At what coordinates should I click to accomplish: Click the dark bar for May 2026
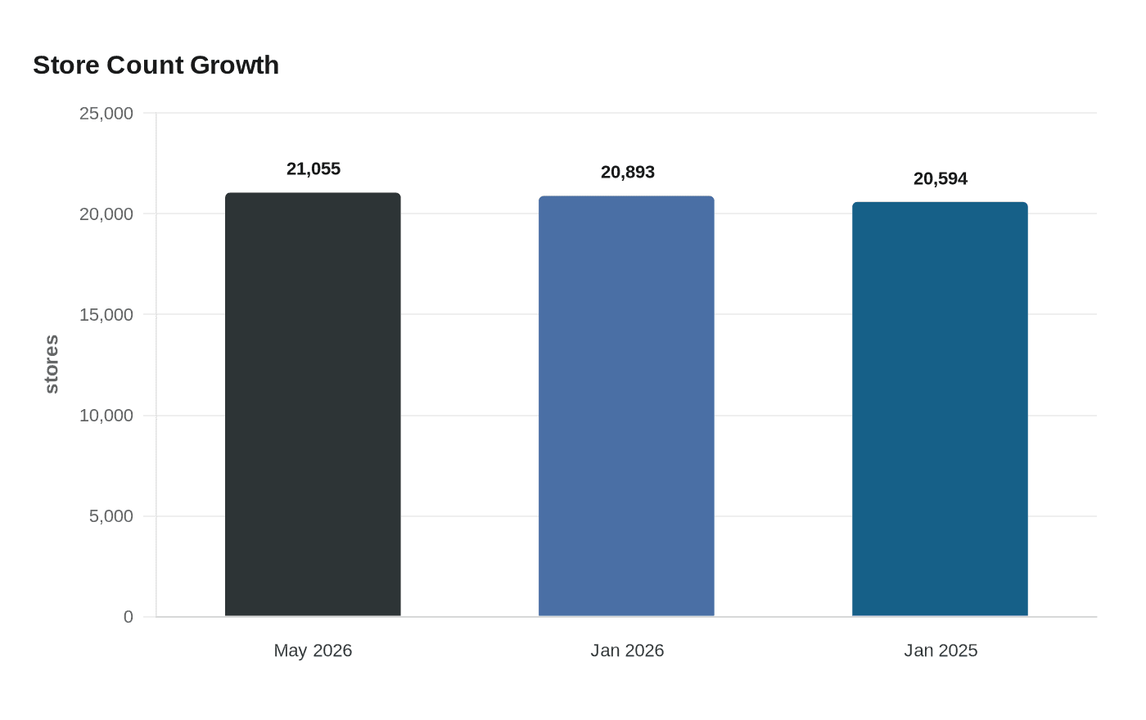pyautogui.click(x=313, y=404)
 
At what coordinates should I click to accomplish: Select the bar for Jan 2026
pyautogui.click(x=626, y=406)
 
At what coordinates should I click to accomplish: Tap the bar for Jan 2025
pyautogui.click(x=940, y=409)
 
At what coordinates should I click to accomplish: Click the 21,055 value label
pyautogui.click(x=313, y=169)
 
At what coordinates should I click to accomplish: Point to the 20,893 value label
pyautogui.click(x=627, y=173)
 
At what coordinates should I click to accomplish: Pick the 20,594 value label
pyautogui.click(x=941, y=178)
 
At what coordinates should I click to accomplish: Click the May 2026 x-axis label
pyautogui.click(x=313, y=650)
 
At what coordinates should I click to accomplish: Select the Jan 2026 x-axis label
pyautogui.click(x=627, y=650)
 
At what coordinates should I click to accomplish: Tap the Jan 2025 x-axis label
pyautogui.click(x=941, y=650)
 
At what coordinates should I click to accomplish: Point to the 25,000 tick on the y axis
pyautogui.click(x=106, y=114)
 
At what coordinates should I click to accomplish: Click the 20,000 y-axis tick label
pyautogui.click(x=106, y=214)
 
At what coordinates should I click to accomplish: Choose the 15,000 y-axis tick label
pyautogui.click(x=106, y=315)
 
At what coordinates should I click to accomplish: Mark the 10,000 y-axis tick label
pyautogui.click(x=106, y=416)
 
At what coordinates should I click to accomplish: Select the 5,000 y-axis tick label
pyautogui.click(x=111, y=516)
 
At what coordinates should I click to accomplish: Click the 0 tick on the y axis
pyautogui.click(x=128, y=617)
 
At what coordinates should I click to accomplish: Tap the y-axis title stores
pyautogui.click(x=52, y=364)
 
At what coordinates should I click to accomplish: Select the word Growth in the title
pyautogui.click(x=234, y=65)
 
